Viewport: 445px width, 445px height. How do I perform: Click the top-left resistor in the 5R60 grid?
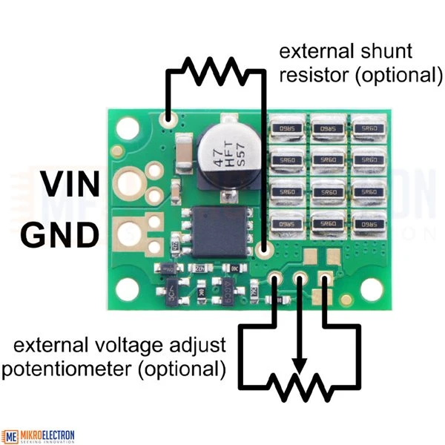(285, 128)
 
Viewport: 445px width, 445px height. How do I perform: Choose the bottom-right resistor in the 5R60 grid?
(366, 222)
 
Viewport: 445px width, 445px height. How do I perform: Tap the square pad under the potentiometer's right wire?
(324, 280)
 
